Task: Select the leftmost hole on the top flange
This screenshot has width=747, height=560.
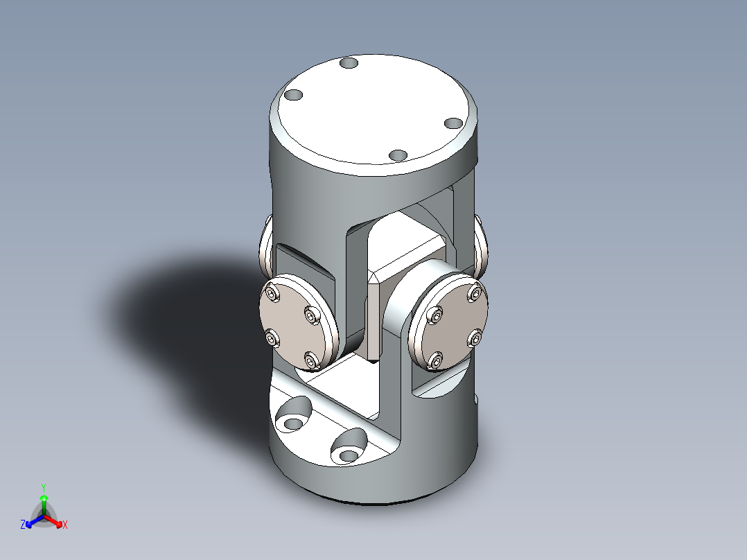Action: coord(294,95)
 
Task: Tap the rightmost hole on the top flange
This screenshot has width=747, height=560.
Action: coord(453,123)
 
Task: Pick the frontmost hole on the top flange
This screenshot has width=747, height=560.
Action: coord(398,155)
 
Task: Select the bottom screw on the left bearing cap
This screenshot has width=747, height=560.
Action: coord(311,360)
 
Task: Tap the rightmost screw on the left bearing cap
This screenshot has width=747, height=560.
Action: coord(313,317)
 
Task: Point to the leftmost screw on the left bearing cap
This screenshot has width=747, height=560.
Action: coord(272,338)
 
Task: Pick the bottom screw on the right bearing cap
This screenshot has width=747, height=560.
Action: coord(435,360)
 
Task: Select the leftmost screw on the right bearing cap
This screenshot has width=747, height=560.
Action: coord(436,316)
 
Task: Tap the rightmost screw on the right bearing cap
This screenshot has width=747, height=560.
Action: coord(476,338)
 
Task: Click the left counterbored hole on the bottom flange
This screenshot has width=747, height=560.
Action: coord(294,421)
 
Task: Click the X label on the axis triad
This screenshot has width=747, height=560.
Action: coord(65,525)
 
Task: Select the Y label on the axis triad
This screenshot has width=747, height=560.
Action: coord(43,487)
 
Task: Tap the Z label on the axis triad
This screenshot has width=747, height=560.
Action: coord(23,525)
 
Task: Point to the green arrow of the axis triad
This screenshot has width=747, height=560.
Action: coord(44,501)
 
